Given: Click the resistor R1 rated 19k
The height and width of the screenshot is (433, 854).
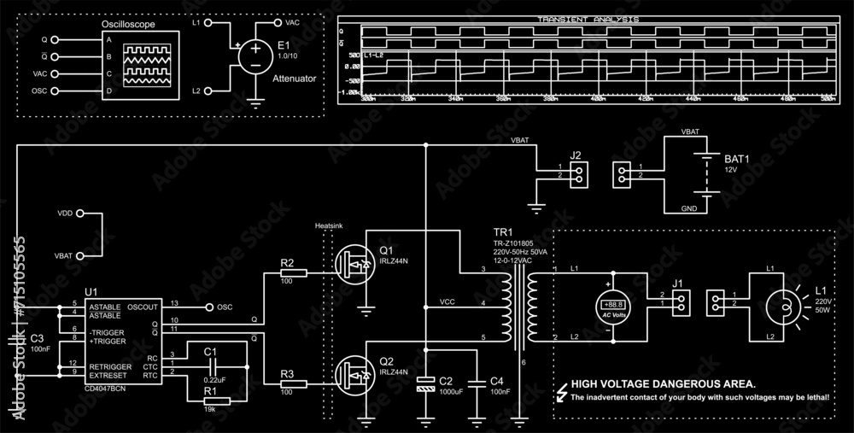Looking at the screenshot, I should click(215, 400).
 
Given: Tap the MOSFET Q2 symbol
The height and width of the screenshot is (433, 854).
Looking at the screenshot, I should click(354, 373).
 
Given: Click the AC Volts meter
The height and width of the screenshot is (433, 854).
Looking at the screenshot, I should click(611, 305).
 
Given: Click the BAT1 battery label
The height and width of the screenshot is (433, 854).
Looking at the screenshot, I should click(736, 159).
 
